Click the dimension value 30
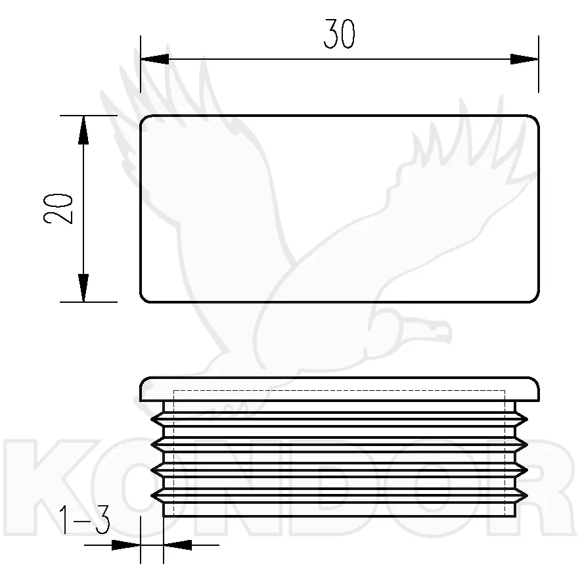pos(339,34)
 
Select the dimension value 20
pos(58,209)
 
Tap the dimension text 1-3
pos(85,520)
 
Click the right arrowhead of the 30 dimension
pos(524,59)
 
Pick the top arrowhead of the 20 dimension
pos(83,129)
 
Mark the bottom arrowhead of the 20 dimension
pos(83,288)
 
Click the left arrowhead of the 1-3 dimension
pos(126,545)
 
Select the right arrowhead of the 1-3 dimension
pos(177,545)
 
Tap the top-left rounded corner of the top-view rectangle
pos(143,119)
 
